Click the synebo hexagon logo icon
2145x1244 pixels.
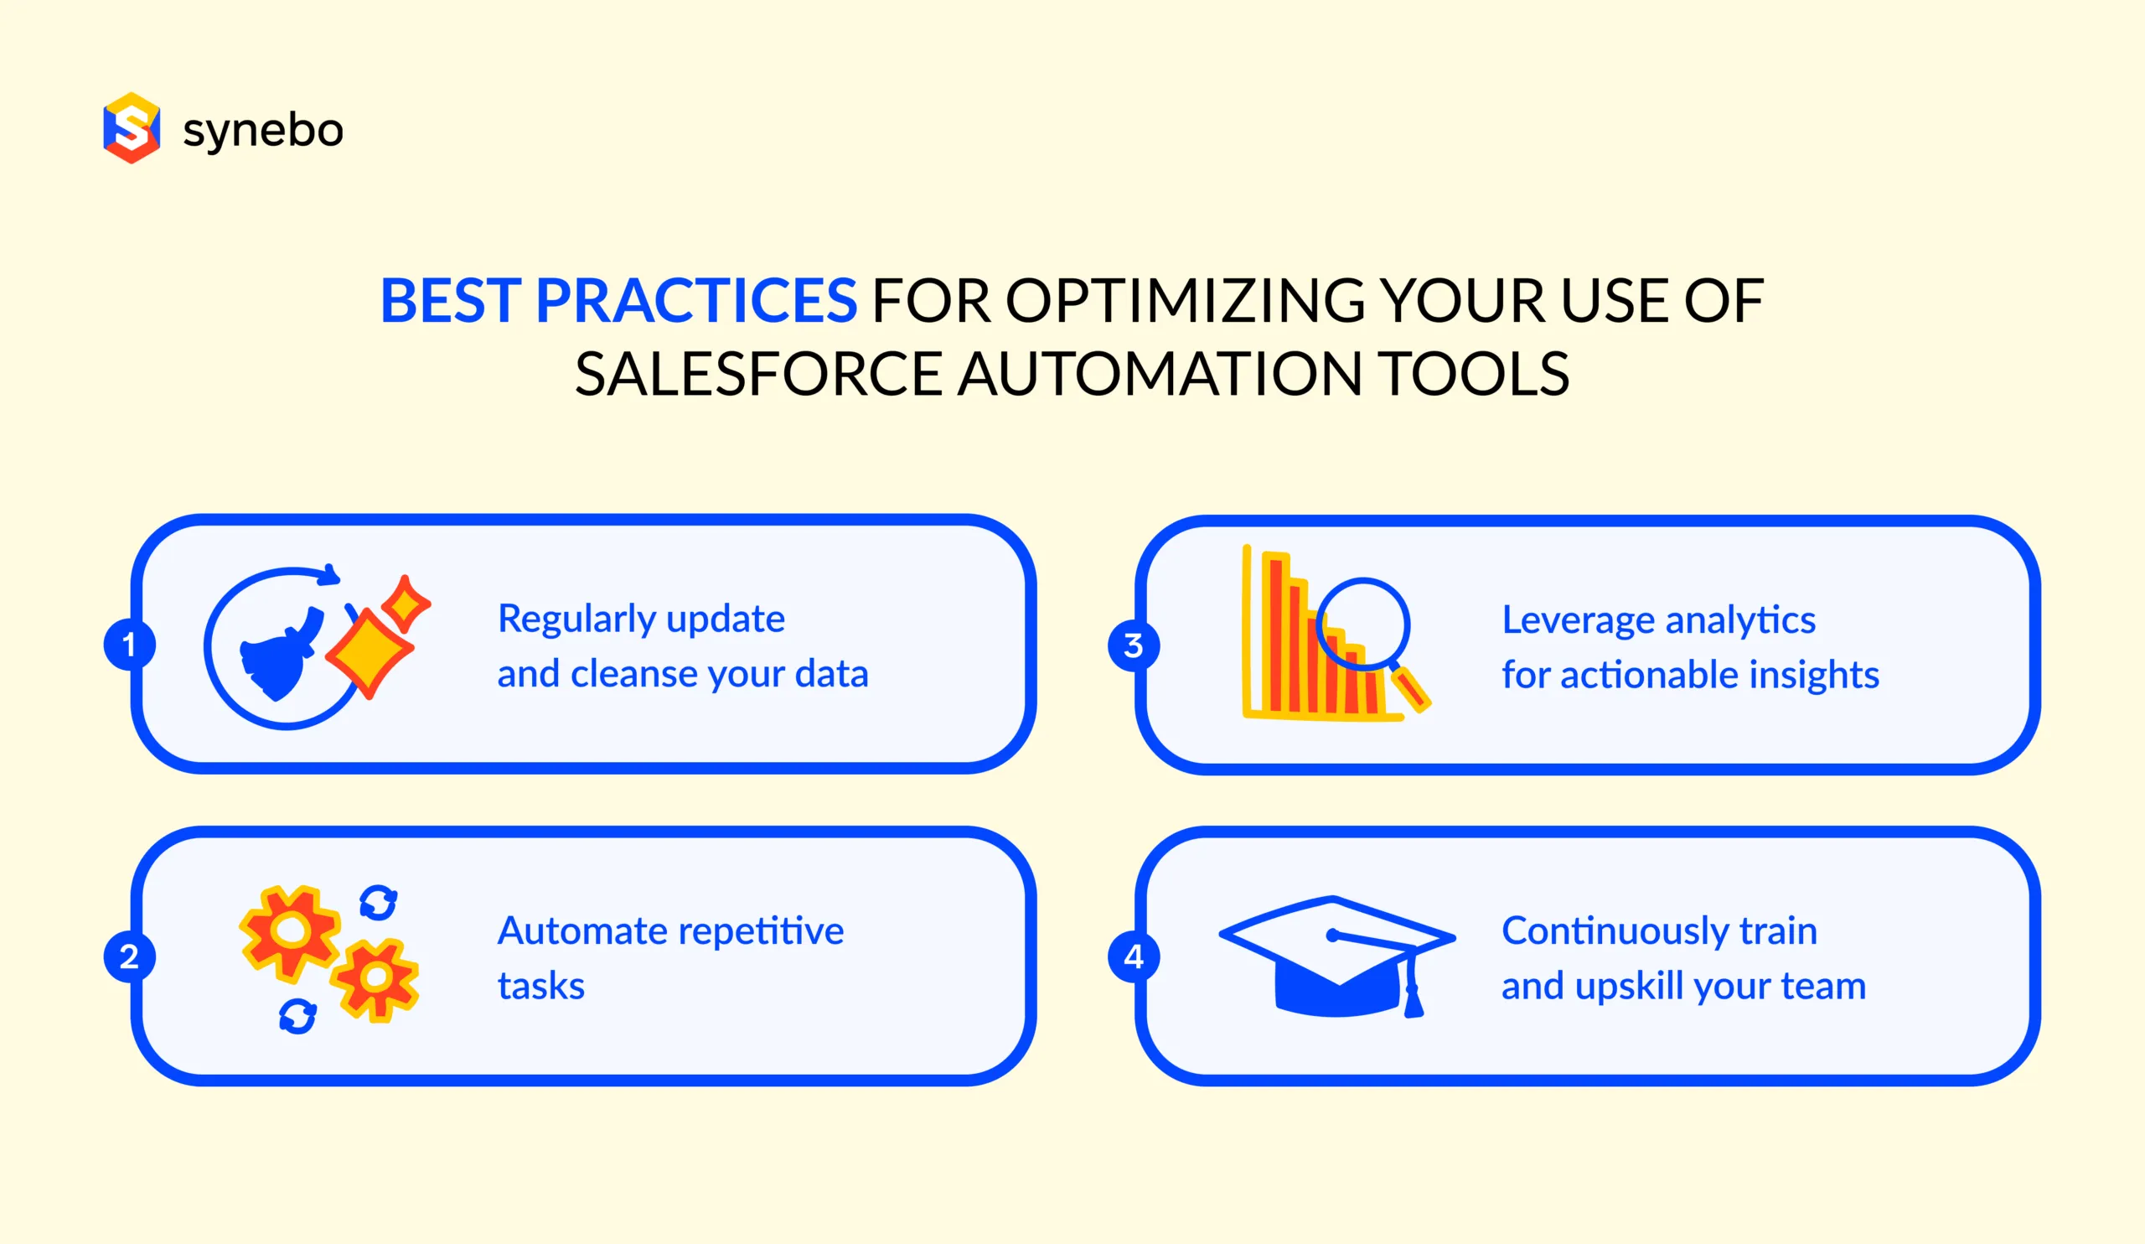(131, 127)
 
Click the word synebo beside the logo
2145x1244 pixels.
(263, 130)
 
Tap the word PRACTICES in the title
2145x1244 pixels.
(695, 301)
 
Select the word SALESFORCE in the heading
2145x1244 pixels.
(758, 375)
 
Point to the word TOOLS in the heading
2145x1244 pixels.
(1473, 375)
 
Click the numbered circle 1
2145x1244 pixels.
(128, 644)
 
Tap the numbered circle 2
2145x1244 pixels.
(128, 956)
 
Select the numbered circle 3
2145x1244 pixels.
(1133, 645)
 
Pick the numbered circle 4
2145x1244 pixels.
(1133, 956)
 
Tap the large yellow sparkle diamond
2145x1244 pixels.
(369, 651)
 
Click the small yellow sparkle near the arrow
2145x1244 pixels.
(406, 604)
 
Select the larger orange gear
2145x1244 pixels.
(290, 930)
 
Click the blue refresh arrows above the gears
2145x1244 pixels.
(378, 903)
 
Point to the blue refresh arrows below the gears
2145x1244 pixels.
(298, 1016)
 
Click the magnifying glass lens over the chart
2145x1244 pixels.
(1362, 625)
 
